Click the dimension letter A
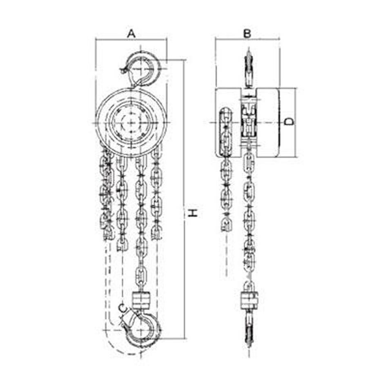point(131,33)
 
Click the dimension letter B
point(247,33)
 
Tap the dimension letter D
point(290,122)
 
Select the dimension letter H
point(193,213)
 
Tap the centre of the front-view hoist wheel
point(131,122)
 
